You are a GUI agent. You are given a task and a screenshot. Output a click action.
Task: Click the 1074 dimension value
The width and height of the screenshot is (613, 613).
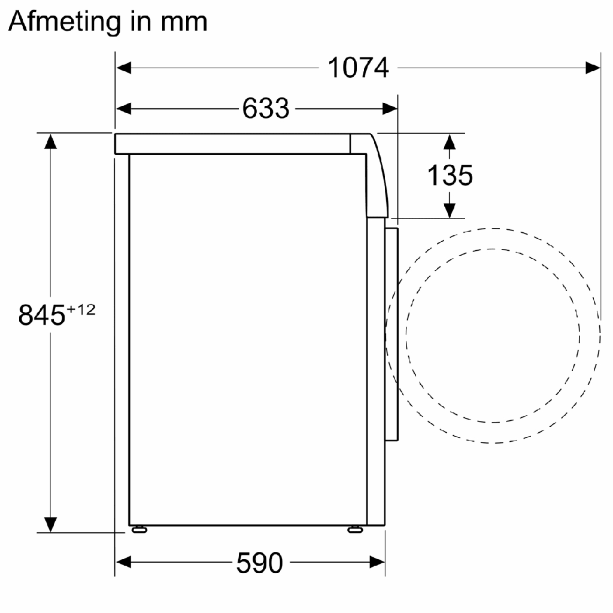(x=358, y=68)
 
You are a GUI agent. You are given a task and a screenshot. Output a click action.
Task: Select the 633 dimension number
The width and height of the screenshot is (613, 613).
(x=266, y=108)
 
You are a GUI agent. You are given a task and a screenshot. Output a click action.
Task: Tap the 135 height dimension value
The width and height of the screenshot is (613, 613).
(x=450, y=175)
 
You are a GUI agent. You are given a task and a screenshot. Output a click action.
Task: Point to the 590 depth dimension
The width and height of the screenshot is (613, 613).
(x=260, y=563)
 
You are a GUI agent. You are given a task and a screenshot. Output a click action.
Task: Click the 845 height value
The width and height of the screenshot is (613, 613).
(x=42, y=315)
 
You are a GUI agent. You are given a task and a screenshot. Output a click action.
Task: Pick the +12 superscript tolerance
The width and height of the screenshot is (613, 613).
(x=81, y=310)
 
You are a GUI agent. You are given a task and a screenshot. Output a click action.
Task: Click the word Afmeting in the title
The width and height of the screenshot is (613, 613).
(x=65, y=22)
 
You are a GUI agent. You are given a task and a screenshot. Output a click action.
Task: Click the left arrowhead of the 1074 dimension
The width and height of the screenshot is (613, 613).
(x=123, y=68)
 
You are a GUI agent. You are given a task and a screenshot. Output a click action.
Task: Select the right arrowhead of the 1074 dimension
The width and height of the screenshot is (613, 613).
(x=593, y=68)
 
